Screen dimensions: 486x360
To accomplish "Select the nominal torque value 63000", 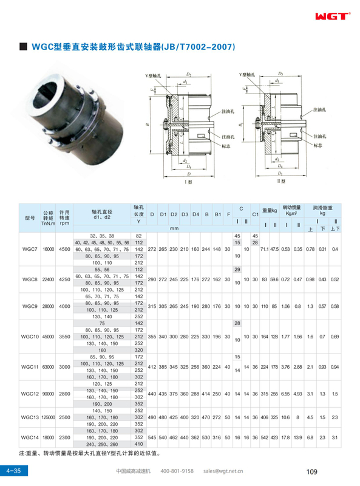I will tap(48, 367).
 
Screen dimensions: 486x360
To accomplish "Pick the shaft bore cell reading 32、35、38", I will tap(102, 235).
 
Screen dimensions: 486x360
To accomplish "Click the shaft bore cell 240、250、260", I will tap(102, 445).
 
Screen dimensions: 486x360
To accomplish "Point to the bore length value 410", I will tap(138, 445).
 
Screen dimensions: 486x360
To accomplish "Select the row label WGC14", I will tap(30, 437).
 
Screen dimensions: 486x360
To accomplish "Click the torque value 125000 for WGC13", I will tap(48, 417).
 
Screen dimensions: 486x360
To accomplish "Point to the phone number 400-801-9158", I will tap(177, 471).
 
